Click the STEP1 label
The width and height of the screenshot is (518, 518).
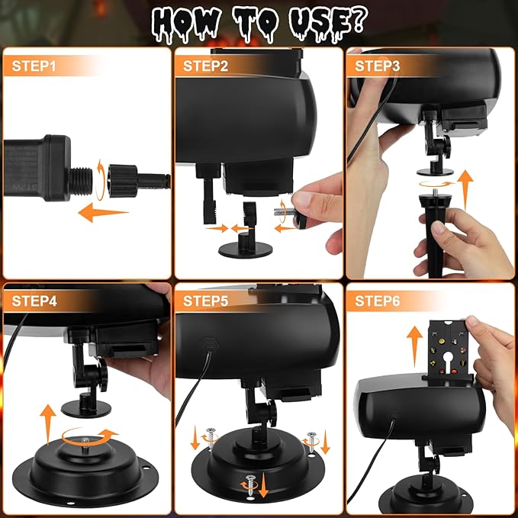pos(34,66)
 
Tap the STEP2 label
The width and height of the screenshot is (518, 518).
pos(205,66)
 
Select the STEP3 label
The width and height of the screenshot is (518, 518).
pos(378,66)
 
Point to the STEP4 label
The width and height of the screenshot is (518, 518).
pos(34,301)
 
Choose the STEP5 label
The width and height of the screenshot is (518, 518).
pos(205,301)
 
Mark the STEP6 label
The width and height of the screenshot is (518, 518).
pos(378,301)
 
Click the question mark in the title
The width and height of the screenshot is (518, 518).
pos(358,20)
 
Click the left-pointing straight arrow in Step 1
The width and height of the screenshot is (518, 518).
pos(103,212)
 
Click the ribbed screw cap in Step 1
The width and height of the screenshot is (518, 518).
pos(123,181)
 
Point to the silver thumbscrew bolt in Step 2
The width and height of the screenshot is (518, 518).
pos(284,212)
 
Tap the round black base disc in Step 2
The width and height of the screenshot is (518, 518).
pos(246,249)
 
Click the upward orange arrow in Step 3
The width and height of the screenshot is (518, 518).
pos(465,190)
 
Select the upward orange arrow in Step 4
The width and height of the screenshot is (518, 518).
pos(48,424)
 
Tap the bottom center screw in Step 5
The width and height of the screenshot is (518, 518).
pos(251,484)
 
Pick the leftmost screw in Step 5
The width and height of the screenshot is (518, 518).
pos(211,437)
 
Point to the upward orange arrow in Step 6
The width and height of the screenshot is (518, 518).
pos(414,346)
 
